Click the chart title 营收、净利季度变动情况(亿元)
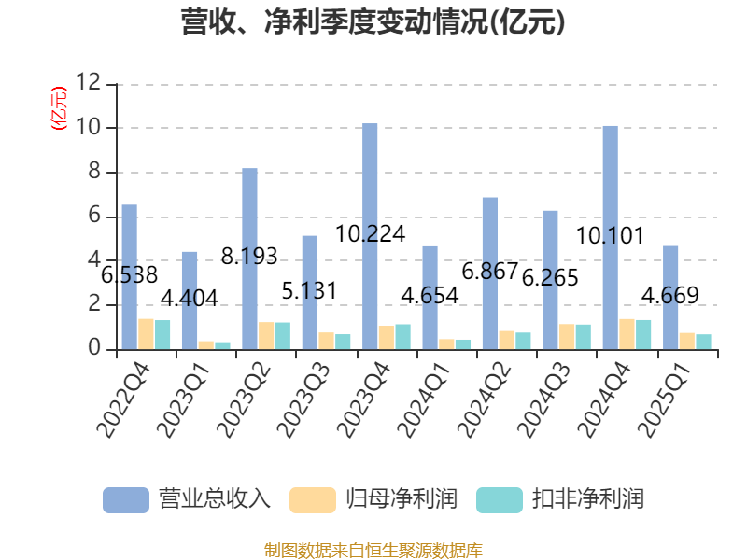click(x=373, y=22)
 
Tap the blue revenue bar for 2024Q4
click(x=610, y=237)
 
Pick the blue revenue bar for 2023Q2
click(x=249, y=259)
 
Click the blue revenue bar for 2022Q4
click(x=129, y=276)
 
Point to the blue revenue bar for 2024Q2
click(x=489, y=273)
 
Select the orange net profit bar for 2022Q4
click(x=146, y=333)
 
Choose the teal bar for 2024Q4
click(x=643, y=334)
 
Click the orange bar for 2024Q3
click(x=567, y=336)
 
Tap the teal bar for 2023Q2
click(x=282, y=335)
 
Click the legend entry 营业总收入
click(x=187, y=498)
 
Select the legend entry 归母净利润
click(x=373, y=498)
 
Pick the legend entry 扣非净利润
click(x=560, y=498)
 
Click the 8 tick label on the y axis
click(x=94, y=172)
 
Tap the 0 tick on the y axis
click(x=94, y=349)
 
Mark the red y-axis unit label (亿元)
click(x=59, y=107)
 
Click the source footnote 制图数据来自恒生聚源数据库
click(x=373, y=550)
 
